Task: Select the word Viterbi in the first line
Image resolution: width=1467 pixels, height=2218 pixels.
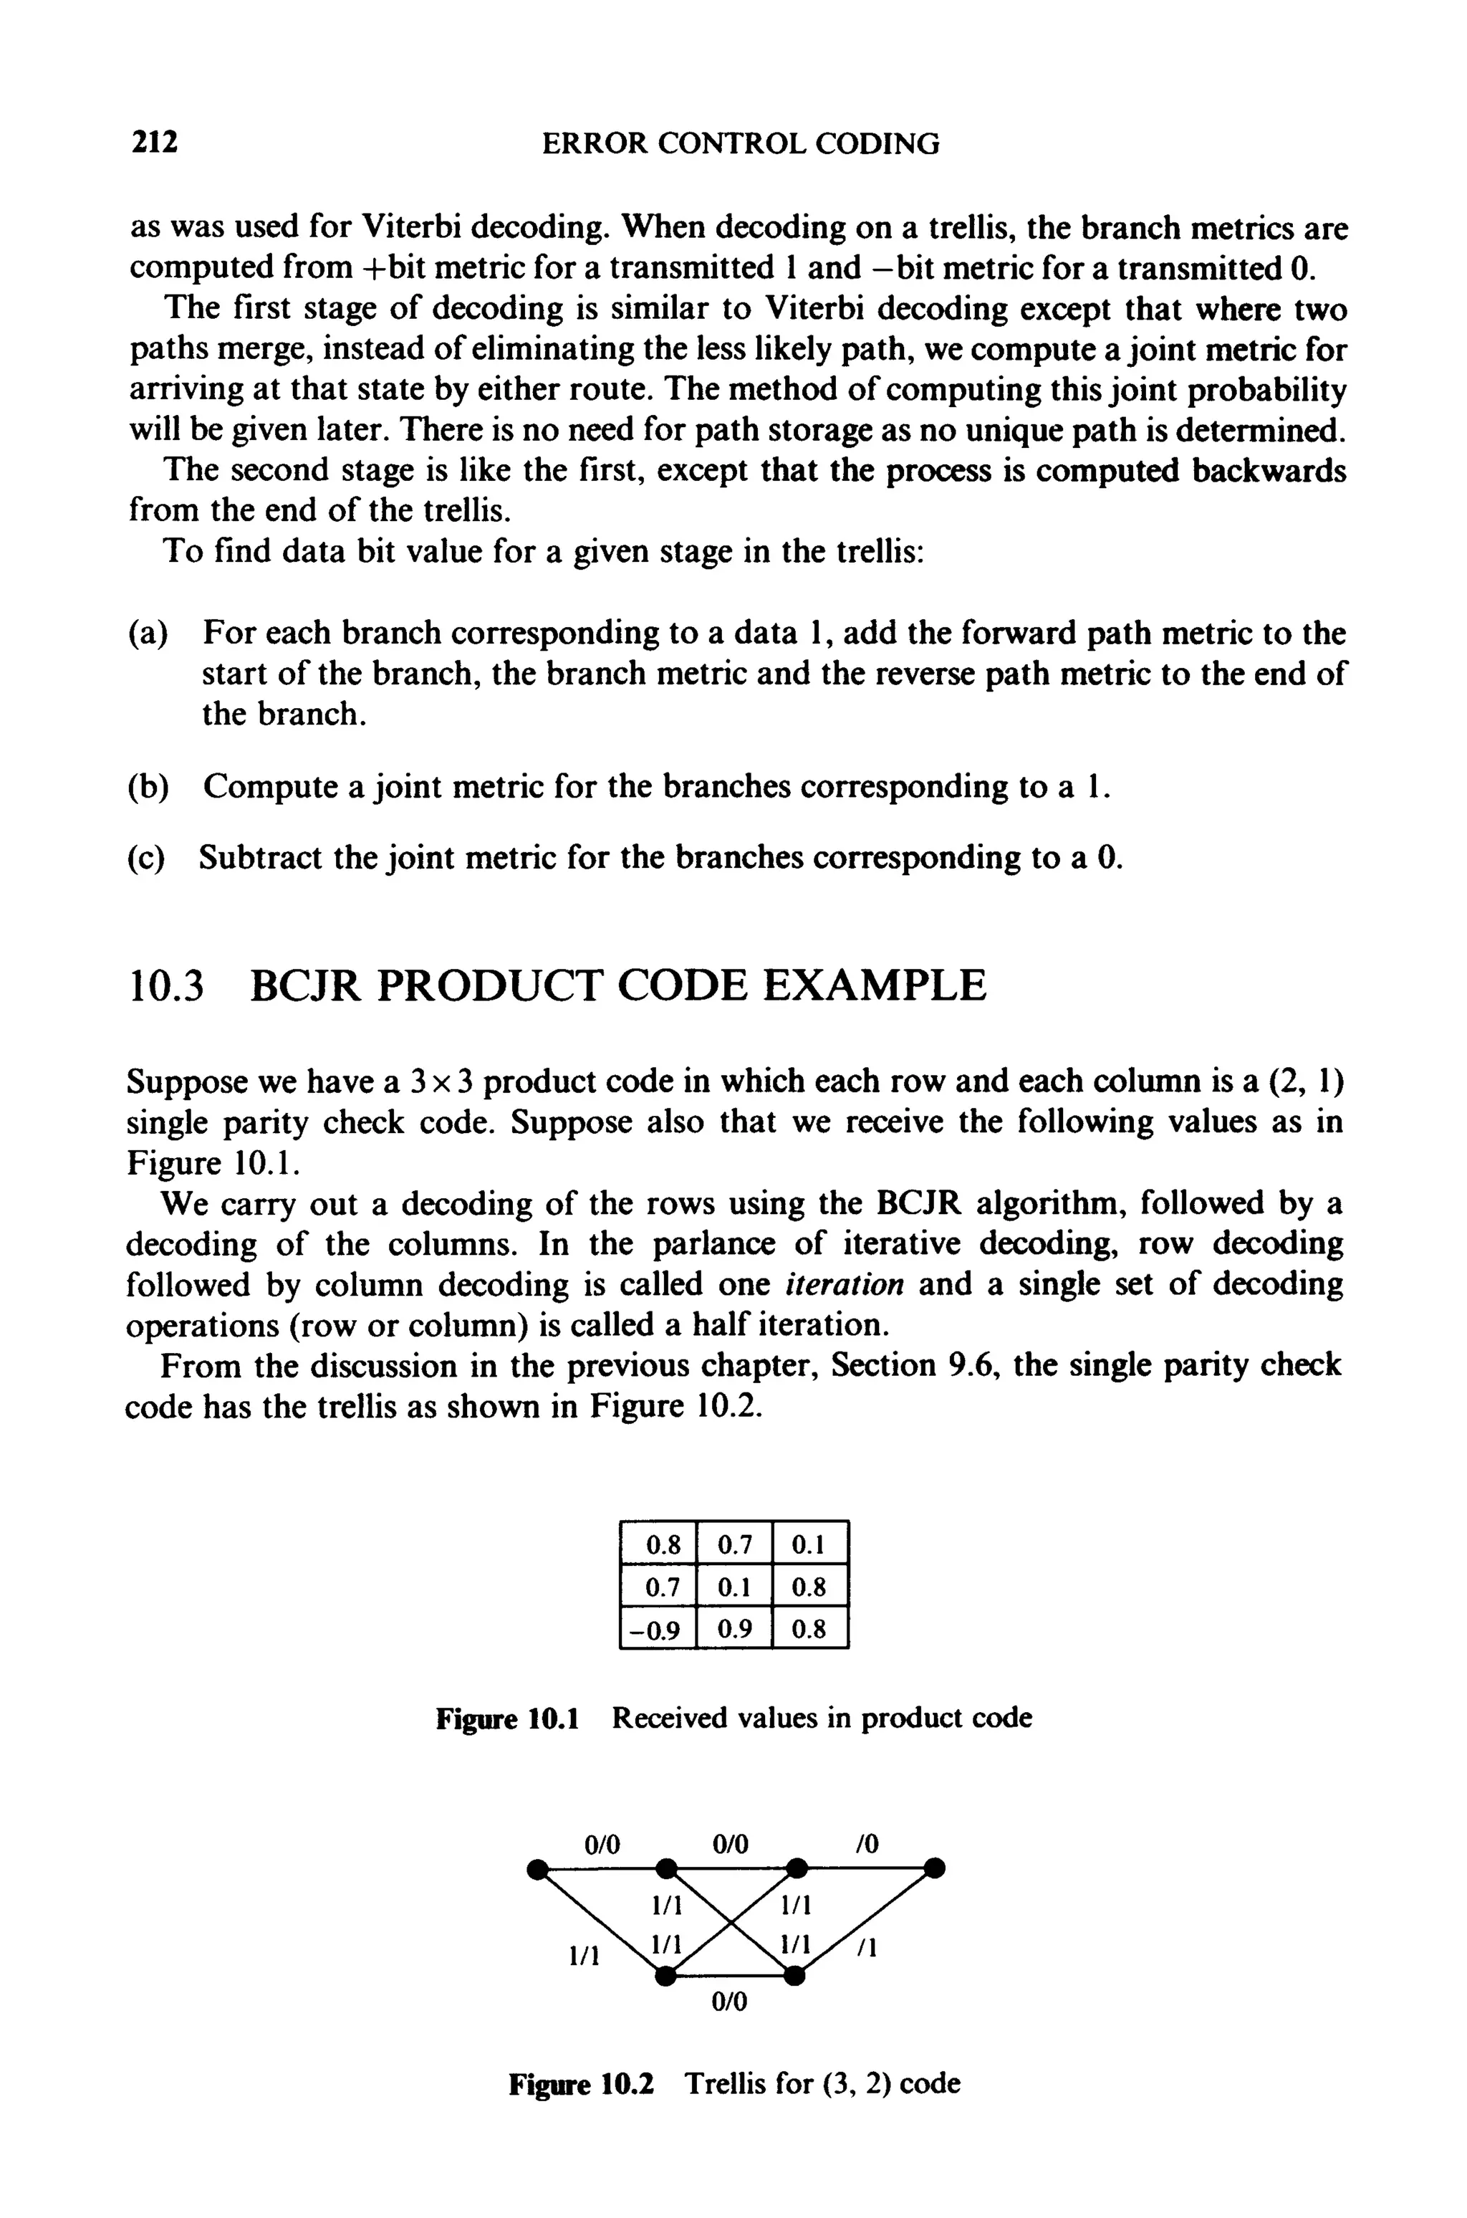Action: (x=412, y=227)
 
